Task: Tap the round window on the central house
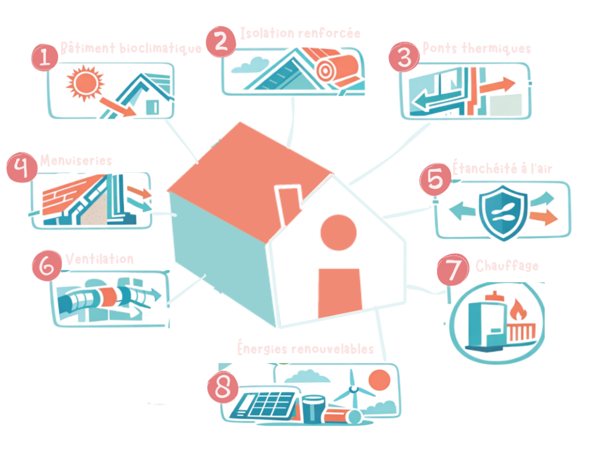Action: [x=338, y=232]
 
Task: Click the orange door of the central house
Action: [x=340, y=292]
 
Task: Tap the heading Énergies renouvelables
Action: [x=305, y=349]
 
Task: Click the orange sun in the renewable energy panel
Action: [x=379, y=379]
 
